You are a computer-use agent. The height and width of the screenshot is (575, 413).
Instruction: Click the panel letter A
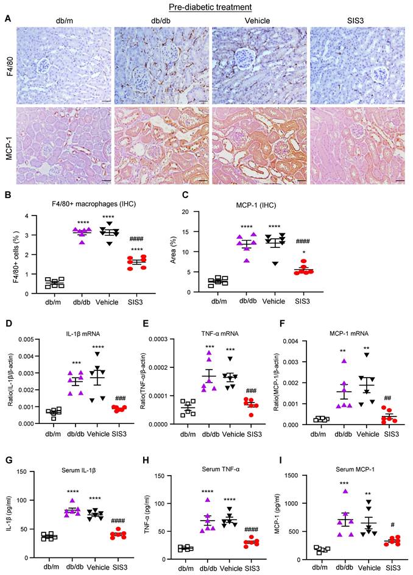click(7, 19)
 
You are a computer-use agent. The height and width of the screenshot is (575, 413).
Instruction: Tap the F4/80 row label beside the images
click(8, 61)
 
